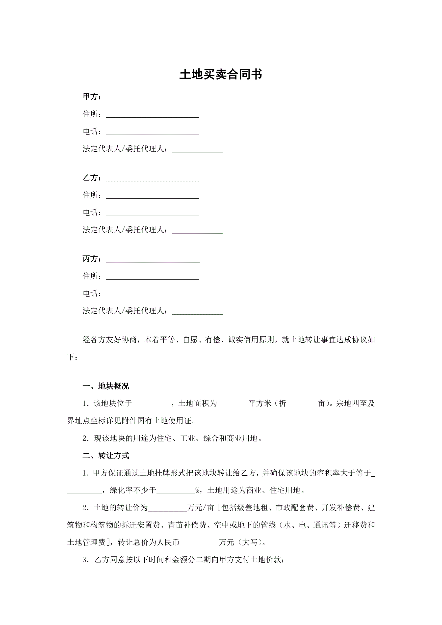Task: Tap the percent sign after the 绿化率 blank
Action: (x=198, y=490)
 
